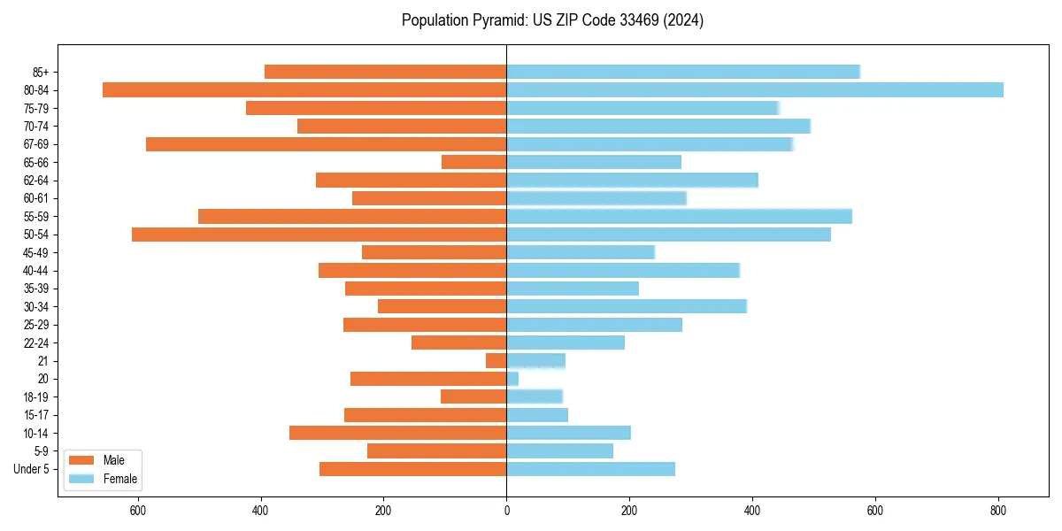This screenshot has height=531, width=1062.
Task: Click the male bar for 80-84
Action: (304, 89)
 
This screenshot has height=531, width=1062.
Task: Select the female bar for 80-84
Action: (755, 89)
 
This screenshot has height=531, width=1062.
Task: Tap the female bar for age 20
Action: (512, 379)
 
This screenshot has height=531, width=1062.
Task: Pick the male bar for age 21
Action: (496, 360)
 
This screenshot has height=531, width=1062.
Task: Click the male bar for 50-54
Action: (319, 235)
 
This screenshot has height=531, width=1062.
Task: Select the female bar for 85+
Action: (683, 72)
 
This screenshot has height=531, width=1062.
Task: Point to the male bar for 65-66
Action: (474, 162)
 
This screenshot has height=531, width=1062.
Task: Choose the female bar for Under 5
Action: (590, 469)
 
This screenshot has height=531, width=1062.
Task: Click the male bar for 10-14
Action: (398, 433)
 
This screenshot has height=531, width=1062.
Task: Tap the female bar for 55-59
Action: (679, 216)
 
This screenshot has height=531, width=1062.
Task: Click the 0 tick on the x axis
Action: (506, 511)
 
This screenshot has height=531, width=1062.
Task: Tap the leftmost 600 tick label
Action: (138, 511)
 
